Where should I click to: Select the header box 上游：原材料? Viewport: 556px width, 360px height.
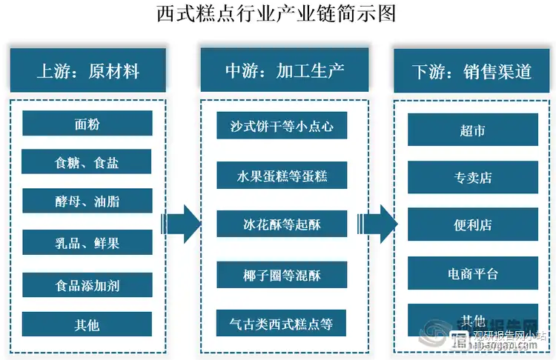(x=87, y=71)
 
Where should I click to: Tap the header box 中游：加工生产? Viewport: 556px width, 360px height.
(x=285, y=71)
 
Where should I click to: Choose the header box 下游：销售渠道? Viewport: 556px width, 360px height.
(x=472, y=72)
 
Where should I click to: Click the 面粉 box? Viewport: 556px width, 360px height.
(x=87, y=123)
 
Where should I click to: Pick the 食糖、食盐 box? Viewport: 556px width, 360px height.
(x=87, y=162)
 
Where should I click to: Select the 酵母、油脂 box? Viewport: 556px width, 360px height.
(x=87, y=201)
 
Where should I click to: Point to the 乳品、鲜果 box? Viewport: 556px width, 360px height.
(x=87, y=241)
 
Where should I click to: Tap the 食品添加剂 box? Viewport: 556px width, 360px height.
(x=87, y=284)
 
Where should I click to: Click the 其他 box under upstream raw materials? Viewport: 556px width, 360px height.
(x=87, y=324)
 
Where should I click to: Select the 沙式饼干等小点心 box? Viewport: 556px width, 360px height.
(x=282, y=126)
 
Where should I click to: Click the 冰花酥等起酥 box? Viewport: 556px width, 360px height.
(x=282, y=224)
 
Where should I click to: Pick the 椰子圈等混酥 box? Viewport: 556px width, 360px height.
(x=282, y=275)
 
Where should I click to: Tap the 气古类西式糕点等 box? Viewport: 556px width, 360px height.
(x=282, y=324)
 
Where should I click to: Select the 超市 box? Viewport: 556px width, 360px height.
(x=473, y=130)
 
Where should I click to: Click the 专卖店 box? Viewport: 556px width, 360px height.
(x=473, y=177)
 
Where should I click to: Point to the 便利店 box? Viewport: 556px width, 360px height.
(x=473, y=224)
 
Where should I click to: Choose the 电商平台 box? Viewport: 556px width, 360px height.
(x=473, y=273)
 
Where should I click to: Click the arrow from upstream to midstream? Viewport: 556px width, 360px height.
(x=182, y=223)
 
